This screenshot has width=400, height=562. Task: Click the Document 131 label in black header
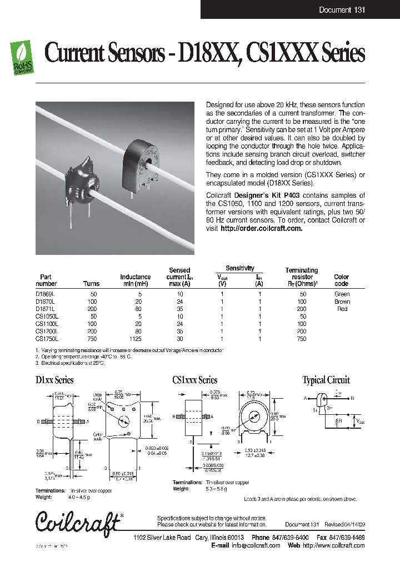coord(342,10)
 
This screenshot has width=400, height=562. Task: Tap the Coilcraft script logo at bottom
coord(78,522)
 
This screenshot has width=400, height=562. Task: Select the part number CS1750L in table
coord(47,338)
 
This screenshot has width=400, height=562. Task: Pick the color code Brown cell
coord(342,302)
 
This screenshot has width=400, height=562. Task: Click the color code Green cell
coord(342,294)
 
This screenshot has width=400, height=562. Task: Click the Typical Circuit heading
coord(326,380)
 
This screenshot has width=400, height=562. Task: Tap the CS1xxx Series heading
coord(195,380)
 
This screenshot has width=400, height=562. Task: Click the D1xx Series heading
coord(54,380)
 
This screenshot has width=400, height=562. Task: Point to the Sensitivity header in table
coord(239,268)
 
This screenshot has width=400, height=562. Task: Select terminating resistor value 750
coord(302,338)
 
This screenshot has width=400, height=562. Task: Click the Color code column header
coord(342,280)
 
